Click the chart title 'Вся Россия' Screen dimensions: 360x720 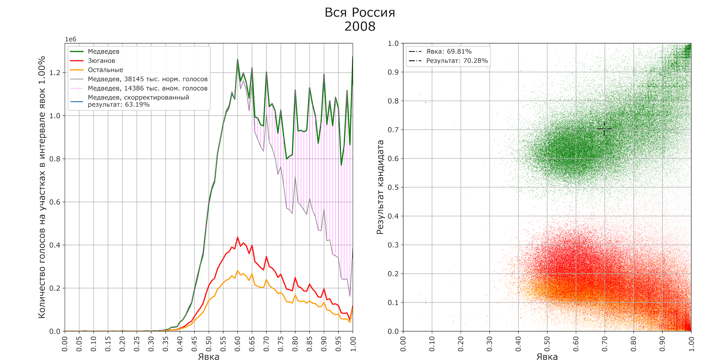[360, 12]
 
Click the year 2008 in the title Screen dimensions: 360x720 [360, 26]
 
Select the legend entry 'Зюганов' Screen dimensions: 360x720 [101, 61]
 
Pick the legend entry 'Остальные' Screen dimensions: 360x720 [105, 70]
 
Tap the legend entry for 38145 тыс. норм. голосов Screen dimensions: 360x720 [147, 79]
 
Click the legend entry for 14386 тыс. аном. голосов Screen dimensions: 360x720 [147, 88]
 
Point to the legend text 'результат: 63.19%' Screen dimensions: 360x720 [118, 105]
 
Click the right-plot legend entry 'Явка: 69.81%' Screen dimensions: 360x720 [448, 51]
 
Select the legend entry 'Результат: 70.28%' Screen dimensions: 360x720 [457, 61]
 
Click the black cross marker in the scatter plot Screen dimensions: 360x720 [604, 129]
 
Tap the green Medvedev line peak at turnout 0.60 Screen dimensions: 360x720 [237, 59]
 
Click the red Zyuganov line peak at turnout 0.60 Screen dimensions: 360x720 [237, 237]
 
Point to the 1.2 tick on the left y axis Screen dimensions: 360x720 [55, 72]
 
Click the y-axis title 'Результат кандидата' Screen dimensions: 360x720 [380, 187]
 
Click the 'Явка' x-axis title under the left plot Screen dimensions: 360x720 [208, 356]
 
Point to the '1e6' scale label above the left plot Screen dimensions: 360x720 [70, 39]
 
